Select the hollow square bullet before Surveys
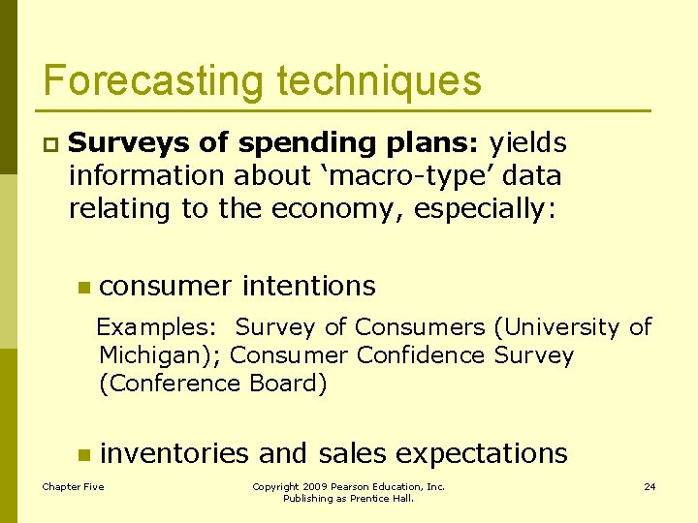48,144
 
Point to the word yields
527,143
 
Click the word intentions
308,286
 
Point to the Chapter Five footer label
73,486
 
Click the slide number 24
650,486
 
